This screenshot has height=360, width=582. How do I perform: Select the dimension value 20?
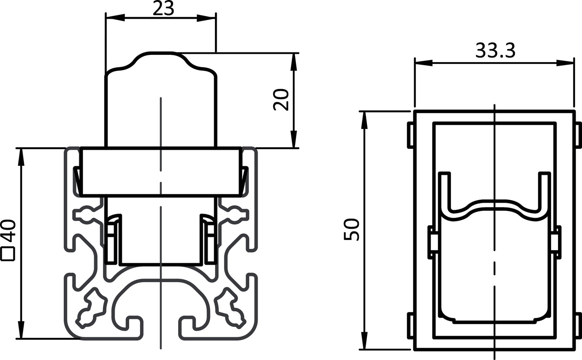(281, 100)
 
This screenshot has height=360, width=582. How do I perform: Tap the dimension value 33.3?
(495, 51)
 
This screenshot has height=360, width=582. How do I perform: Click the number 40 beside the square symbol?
(8, 232)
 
